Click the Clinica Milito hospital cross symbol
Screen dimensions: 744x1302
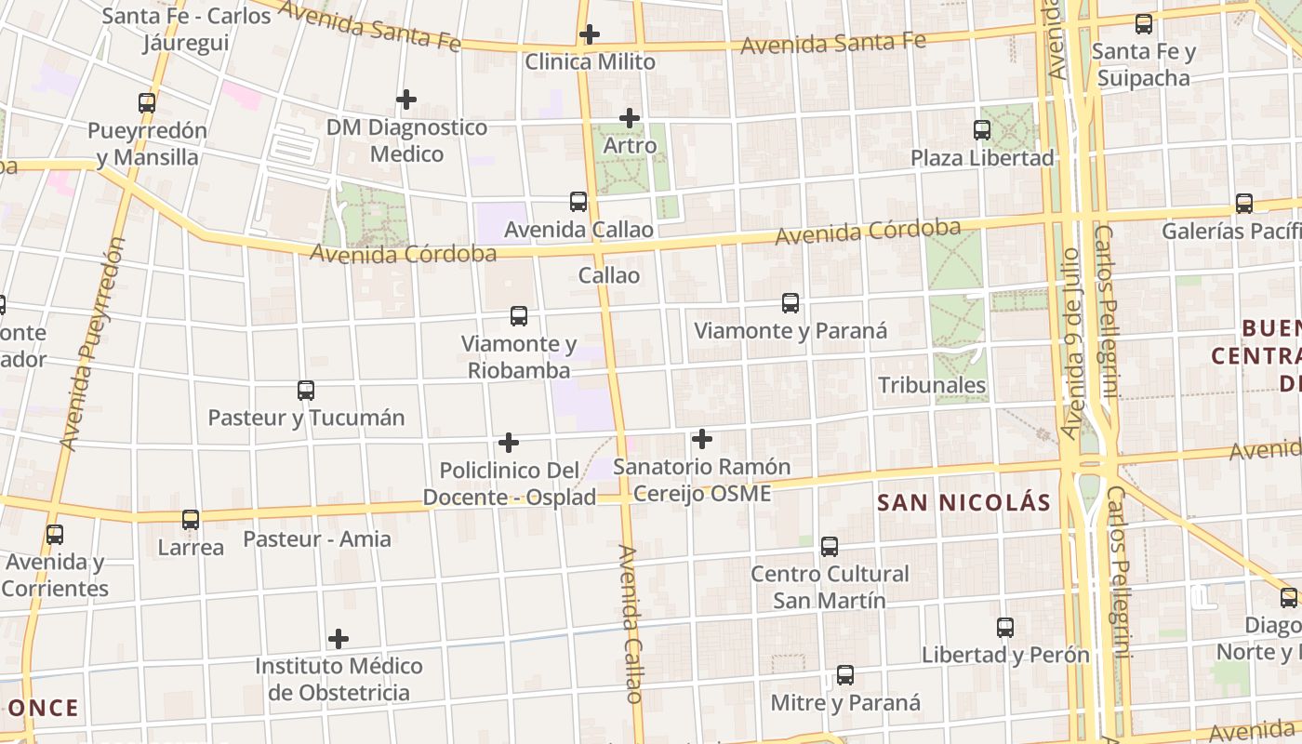tap(589, 35)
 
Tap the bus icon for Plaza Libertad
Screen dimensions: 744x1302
tap(982, 130)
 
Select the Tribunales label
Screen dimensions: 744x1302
tap(932, 385)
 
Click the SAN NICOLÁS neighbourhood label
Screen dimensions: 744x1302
tap(964, 503)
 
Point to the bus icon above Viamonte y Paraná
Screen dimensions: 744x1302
tap(790, 302)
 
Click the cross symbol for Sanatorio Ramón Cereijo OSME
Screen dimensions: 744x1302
tap(702, 438)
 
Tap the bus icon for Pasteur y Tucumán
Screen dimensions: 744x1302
tap(306, 391)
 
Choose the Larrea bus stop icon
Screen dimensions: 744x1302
tap(191, 519)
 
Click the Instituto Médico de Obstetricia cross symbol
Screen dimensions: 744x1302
tap(339, 639)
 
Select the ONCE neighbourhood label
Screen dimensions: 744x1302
tap(44, 708)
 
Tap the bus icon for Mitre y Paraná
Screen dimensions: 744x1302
tap(844, 675)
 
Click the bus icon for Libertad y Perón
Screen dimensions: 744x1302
tap(1005, 628)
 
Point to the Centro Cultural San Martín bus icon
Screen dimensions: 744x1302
tap(830, 547)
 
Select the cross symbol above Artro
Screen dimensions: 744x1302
tap(630, 118)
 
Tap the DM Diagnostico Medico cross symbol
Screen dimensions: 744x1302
tap(406, 99)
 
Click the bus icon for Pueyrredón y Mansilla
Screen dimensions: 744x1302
tap(147, 103)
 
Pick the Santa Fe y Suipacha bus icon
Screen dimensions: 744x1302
tap(1144, 24)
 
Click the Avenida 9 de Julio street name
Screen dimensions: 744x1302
tap(1072, 344)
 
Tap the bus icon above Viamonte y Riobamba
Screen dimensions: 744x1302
tap(519, 316)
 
